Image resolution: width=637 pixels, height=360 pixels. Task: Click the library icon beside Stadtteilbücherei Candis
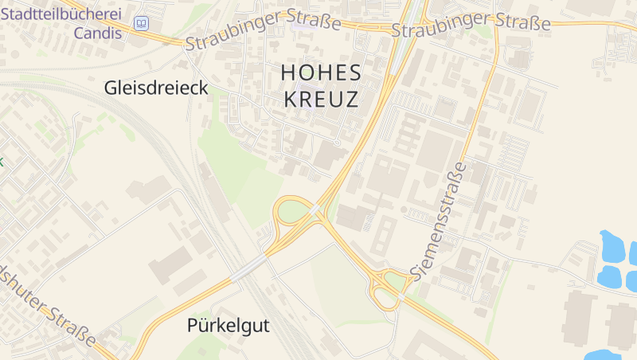pyautogui.click(x=142, y=25)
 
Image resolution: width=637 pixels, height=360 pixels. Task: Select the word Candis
pyautogui.click(x=98, y=33)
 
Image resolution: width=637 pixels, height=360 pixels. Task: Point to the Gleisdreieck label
pyautogui.click(x=156, y=88)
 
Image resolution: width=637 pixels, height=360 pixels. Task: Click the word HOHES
pyautogui.click(x=321, y=72)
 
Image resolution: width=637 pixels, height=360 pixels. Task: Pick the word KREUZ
pyautogui.click(x=321, y=100)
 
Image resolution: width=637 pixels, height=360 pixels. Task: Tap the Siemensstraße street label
pyautogui.click(x=437, y=226)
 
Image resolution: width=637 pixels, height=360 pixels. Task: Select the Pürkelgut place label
pyautogui.click(x=229, y=325)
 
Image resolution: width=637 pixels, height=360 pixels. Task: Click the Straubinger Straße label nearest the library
pyautogui.click(x=263, y=31)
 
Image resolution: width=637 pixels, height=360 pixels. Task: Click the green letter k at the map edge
pyautogui.click(x=2, y=162)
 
